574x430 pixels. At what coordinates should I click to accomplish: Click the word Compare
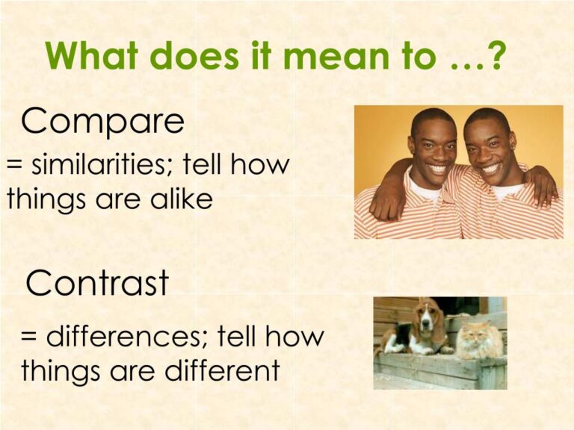[x=102, y=121]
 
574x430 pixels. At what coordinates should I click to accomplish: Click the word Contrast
[x=97, y=283]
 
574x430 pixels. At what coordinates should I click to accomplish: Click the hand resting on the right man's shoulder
[x=543, y=187]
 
